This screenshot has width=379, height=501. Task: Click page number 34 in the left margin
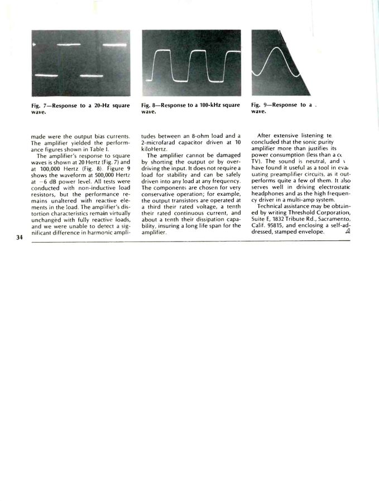(x=20, y=238)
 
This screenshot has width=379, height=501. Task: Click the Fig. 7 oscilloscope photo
(x=81, y=63)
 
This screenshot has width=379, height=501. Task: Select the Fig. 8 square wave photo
(x=191, y=63)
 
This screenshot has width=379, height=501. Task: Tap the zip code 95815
(x=276, y=225)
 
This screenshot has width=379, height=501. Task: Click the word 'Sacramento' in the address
(x=330, y=219)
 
